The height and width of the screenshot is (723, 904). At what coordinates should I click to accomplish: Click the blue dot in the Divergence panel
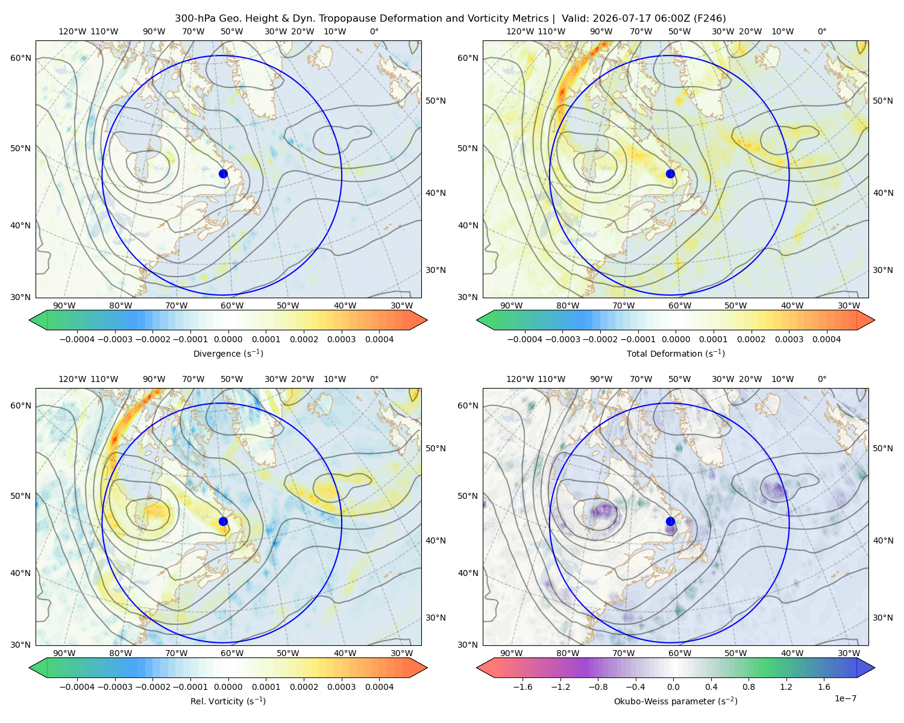coord(223,174)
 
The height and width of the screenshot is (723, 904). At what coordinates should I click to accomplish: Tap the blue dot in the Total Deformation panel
coord(670,174)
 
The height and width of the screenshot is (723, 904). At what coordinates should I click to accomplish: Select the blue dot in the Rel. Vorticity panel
coord(223,521)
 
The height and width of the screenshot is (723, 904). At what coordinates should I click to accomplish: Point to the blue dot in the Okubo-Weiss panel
coord(670,521)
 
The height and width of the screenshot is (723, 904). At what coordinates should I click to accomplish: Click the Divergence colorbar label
coord(228,353)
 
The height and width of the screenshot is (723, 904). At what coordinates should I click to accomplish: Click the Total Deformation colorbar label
coord(676,353)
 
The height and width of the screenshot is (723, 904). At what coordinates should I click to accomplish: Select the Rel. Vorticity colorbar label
coord(228,701)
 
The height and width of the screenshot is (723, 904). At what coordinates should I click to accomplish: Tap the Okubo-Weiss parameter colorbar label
coord(676,701)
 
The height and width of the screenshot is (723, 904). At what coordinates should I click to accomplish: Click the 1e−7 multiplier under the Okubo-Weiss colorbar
coord(845,698)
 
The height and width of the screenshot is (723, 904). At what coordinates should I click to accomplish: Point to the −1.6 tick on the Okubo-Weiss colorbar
coord(523,686)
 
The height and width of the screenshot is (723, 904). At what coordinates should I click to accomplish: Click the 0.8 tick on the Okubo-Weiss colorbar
coord(749,686)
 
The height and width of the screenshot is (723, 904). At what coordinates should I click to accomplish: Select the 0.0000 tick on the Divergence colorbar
coord(228,339)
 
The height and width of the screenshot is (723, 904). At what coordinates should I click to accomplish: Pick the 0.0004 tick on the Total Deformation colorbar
coord(826,339)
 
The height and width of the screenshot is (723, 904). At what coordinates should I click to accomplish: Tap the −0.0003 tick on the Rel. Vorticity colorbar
coord(115,686)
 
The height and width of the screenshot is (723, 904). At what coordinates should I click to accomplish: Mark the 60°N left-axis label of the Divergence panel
coord(20,58)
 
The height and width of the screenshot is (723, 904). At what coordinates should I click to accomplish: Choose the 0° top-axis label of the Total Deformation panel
coord(821,31)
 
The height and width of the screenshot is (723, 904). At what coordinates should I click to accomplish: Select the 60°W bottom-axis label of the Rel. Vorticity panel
coord(232,653)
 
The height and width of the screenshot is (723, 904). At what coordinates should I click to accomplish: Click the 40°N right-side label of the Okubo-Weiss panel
coord(883,540)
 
